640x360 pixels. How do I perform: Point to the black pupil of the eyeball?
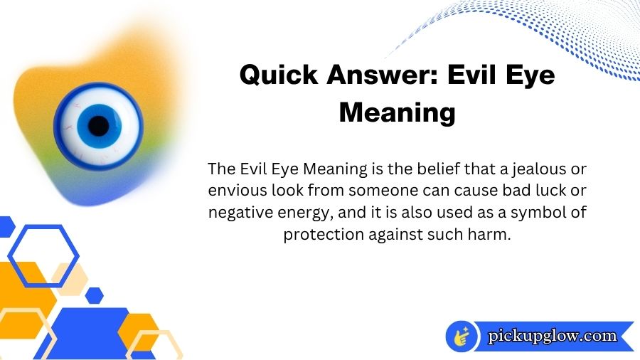click(x=99, y=126)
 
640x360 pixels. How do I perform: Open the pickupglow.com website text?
click(x=552, y=336)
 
